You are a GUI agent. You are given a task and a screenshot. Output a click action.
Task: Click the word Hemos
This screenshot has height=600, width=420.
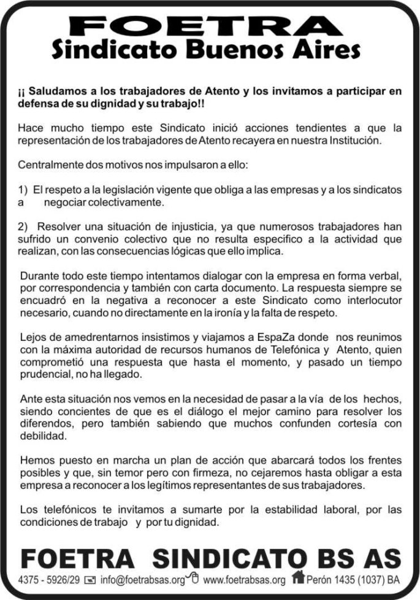coord(35,459)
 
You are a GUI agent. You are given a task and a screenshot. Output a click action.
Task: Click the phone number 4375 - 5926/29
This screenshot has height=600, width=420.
coord(49,579)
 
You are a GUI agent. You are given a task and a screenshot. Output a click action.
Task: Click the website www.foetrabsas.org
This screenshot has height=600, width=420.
coord(244,579)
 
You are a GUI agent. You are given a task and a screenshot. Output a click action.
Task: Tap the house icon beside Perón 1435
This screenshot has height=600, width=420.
coord(298,577)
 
